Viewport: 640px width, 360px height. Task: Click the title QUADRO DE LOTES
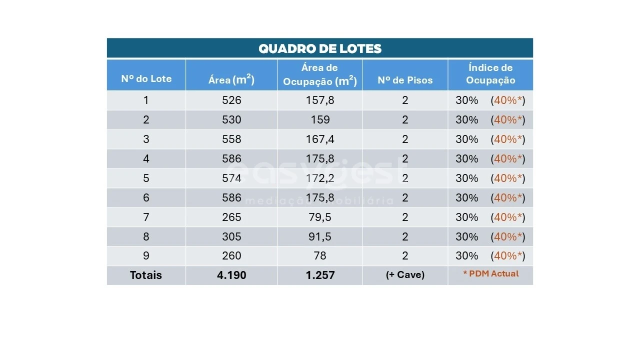320,48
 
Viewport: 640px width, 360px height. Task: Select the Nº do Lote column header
146,79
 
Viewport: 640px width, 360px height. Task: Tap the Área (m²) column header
231,79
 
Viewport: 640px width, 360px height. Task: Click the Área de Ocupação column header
320,74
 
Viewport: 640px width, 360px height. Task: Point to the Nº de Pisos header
405,80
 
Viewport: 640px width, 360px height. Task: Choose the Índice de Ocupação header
490,74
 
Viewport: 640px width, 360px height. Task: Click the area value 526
231,100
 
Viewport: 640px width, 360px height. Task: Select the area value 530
231,120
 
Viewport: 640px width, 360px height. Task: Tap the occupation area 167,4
320,139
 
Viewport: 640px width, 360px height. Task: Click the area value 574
231,178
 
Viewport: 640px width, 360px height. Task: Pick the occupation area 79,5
320,217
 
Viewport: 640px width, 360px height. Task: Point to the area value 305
231,237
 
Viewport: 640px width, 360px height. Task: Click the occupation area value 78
320,256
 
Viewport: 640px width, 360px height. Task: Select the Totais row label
146,275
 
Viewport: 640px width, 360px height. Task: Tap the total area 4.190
231,275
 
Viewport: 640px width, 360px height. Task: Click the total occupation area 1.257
320,275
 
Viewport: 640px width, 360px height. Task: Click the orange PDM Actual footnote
490,274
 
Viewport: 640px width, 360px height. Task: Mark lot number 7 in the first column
146,217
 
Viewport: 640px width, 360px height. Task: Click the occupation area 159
320,120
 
